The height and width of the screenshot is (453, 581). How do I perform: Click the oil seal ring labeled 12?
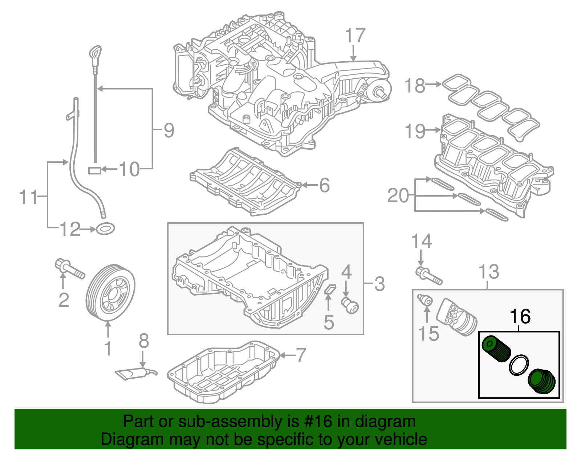pyautogui.click(x=106, y=229)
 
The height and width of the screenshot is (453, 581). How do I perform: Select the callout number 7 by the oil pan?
pyautogui.click(x=301, y=355)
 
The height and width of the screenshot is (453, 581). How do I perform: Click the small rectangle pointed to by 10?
pyautogui.click(x=95, y=170)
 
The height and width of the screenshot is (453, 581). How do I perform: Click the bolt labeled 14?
pyautogui.click(x=428, y=276)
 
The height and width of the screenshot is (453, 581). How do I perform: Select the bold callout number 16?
pyautogui.click(x=520, y=317)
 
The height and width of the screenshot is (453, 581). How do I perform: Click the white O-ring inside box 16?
pyautogui.click(x=519, y=365)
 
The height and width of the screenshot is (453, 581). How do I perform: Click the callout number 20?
pyautogui.click(x=398, y=196)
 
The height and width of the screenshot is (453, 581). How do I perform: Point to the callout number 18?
pyautogui.click(x=414, y=86)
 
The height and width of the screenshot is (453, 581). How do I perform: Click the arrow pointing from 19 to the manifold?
pyautogui.click(x=434, y=129)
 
